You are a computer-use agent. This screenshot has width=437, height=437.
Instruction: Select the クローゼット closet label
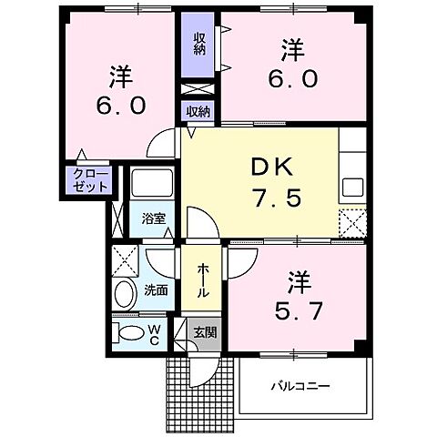pyautogui.click(x=90, y=179)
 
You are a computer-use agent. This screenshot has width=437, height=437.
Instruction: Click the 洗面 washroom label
pyautogui.click(x=155, y=291)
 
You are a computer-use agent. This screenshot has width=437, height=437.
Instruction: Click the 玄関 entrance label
pyautogui.click(x=204, y=333)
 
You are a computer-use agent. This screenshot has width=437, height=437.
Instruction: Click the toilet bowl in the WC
pyautogui.click(x=129, y=331)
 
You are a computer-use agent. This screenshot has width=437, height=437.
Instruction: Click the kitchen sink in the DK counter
pyautogui.click(x=352, y=188)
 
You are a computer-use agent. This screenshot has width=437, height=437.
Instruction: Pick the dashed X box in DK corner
pyautogui.click(x=352, y=221)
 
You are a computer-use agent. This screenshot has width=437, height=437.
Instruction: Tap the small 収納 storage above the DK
pyautogui.click(x=198, y=112)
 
